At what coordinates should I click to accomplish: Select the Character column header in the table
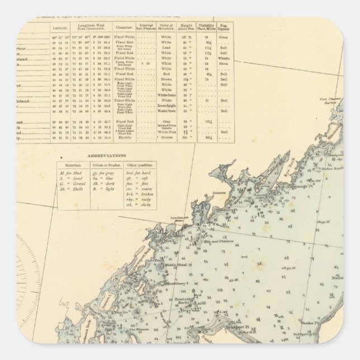click(123, 26)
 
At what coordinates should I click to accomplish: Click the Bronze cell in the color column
click(165, 137)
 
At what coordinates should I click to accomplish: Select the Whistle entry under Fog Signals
click(224, 58)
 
